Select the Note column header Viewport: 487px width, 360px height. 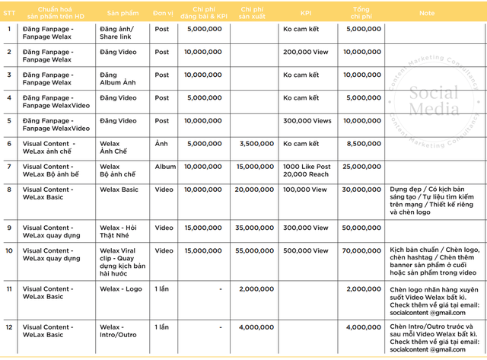coord(427,12)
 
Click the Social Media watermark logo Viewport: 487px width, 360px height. coord(434,102)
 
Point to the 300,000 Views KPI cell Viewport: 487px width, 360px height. coord(307,120)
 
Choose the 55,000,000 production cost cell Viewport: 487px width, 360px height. coord(255,250)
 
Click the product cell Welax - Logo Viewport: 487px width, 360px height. coord(121,289)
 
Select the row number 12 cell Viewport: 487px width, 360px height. coord(9,327)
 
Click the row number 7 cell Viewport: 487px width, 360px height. coord(9,166)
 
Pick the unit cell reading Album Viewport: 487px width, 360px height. coord(165,166)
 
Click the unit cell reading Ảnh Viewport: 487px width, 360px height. coord(161,143)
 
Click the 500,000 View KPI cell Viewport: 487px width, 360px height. coord(305,250)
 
